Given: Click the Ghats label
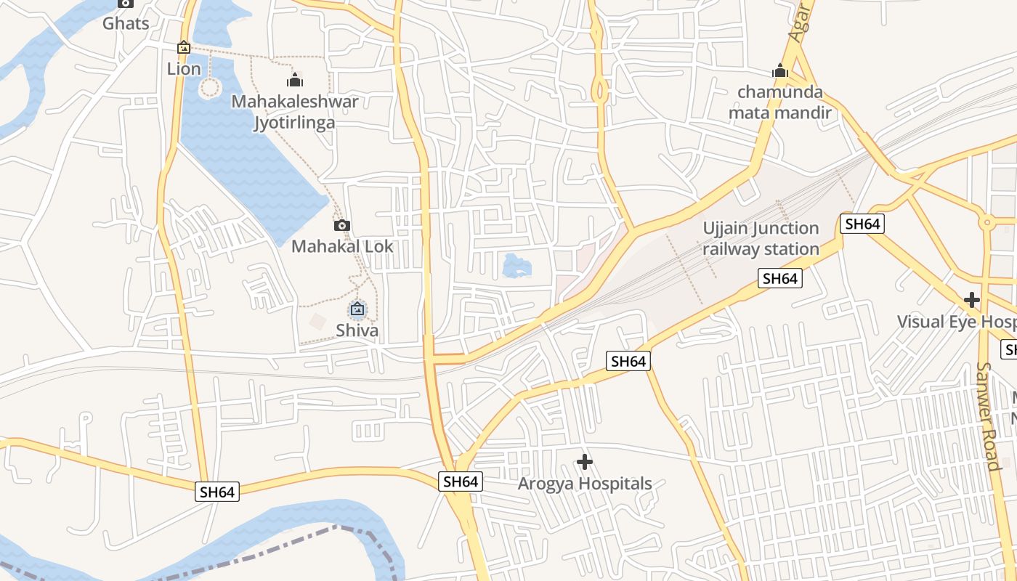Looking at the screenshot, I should tap(126, 23).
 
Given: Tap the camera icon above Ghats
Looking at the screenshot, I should tap(126, 3).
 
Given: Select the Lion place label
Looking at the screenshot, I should tap(184, 69).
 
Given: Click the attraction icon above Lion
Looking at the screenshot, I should tap(184, 48).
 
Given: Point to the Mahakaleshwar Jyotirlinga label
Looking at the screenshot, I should tap(294, 112).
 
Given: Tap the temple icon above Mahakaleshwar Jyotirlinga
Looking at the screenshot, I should tap(294, 80).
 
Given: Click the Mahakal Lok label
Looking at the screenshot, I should tap(342, 246).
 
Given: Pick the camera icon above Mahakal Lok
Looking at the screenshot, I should tap(342, 225).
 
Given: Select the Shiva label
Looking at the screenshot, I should tap(357, 331).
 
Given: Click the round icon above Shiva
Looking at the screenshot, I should tap(357, 310).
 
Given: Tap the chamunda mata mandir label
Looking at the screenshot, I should tap(780, 102).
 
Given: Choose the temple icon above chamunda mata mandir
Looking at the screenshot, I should tap(780, 71).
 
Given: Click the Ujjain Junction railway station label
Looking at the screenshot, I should tap(761, 239).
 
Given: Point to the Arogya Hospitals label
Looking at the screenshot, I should tap(585, 484).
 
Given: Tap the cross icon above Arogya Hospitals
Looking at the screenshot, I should tap(585, 462).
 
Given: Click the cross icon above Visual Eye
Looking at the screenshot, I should tap(972, 300).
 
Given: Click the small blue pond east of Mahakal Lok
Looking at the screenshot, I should tap(516, 266).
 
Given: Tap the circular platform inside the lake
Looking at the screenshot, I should tap(209, 89).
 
